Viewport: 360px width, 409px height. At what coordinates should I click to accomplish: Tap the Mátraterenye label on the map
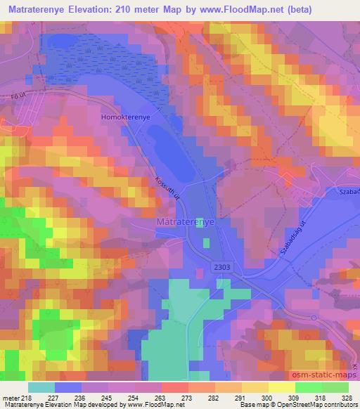point(184,221)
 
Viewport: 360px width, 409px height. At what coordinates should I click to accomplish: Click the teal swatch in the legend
point(41,387)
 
